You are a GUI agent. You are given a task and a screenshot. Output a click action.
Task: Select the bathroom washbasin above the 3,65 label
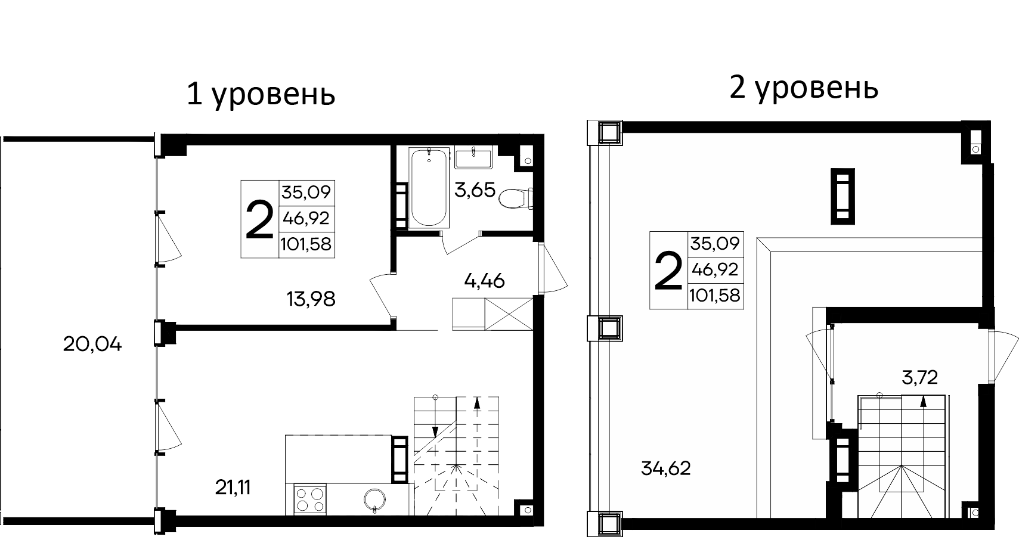[473, 159]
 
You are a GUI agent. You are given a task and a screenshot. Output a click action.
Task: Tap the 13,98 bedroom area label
[311, 299]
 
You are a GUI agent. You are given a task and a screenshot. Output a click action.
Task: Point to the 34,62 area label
[666, 468]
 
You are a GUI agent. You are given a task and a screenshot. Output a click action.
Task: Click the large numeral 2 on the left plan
[259, 219]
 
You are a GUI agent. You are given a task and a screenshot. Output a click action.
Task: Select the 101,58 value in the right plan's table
[715, 295]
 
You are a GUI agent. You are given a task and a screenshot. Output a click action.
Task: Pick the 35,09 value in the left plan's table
[307, 193]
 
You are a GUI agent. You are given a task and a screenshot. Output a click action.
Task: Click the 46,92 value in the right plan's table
[715, 269]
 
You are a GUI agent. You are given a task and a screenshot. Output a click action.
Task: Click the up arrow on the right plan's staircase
[923, 401]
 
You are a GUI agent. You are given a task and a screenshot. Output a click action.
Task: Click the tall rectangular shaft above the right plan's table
[843, 196]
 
